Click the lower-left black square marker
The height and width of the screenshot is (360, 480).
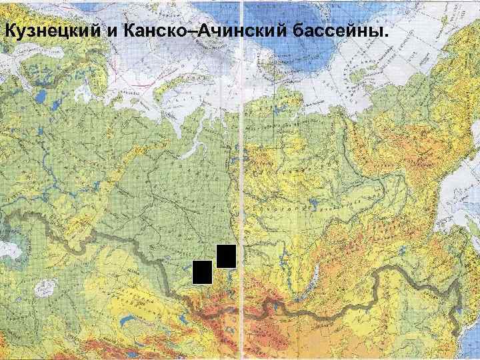point(202,272)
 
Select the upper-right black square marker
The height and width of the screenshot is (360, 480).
point(226,256)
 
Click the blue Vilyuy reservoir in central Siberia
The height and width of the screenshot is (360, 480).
point(320,193)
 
